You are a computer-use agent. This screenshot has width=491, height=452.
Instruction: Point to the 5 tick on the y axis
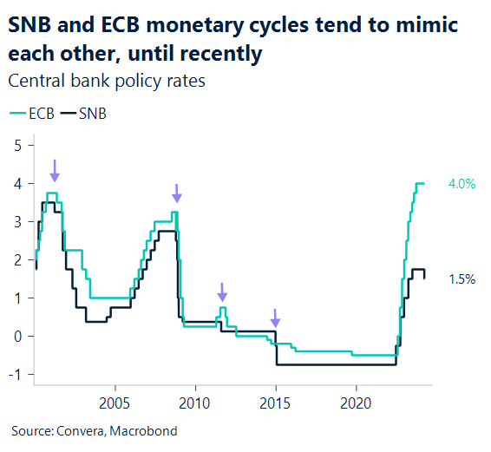(17, 145)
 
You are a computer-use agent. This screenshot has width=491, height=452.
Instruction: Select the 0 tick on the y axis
(17, 337)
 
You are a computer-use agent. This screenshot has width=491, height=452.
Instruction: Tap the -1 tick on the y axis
(15, 375)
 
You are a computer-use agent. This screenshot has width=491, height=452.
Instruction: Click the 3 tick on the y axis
(17, 222)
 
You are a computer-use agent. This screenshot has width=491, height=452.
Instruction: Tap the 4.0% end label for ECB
(462, 184)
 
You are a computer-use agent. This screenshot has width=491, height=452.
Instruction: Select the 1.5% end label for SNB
(462, 278)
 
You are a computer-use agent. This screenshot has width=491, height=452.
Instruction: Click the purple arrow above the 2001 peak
(54, 169)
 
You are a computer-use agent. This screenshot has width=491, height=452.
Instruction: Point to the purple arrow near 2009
(176, 193)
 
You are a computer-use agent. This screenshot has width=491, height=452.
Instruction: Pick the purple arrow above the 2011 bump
(221, 292)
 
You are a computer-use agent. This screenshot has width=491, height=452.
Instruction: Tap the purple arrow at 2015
(275, 318)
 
